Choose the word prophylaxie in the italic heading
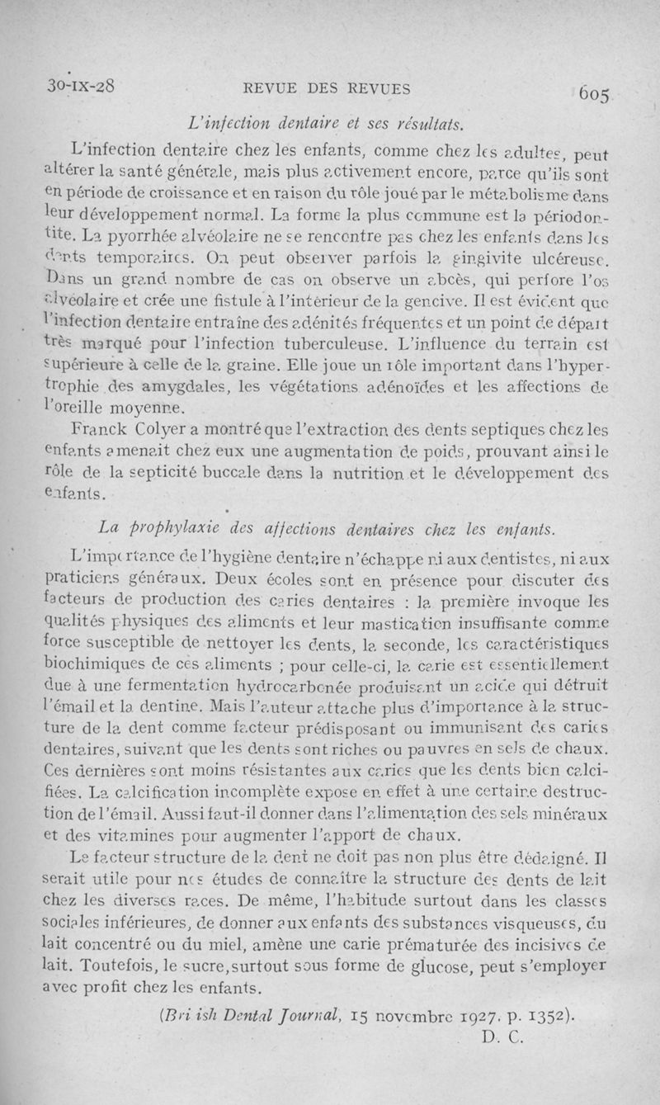pyautogui.click(x=174, y=526)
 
